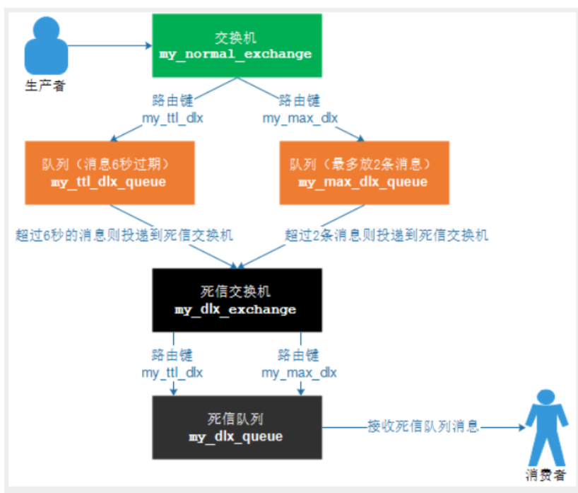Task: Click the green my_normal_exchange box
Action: click(x=237, y=45)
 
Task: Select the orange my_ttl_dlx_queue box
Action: click(x=110, y=173)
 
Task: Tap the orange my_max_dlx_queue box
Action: click(x=364, y=173)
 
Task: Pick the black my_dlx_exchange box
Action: click(x=237, y=300)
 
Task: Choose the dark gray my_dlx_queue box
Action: click(x=237, y=427)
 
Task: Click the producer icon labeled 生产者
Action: click(x=46, y=45)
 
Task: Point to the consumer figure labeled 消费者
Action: click(x=546, y=427)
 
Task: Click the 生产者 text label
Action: click(x=45, y=86)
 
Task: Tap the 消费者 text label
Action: click(x=545, y=475)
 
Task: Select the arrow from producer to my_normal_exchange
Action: click(x=110, y=46)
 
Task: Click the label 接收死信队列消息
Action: click(x=423, y=427)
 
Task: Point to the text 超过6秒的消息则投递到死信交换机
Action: click(x=124, y=235)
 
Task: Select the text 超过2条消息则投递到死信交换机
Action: click(x=387, y=235)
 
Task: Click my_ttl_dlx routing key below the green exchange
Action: click(x=172, y=118)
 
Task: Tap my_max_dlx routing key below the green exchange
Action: click(x=300, y=118)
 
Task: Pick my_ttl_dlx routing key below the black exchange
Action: click(x=172, y=373)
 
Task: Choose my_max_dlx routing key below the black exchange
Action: click(x=299, y=373)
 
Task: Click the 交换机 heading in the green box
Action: click(x=235, y=37)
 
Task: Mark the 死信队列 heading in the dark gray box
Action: click(x=235, y=419)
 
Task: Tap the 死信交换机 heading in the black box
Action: click(x=235, y=291)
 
